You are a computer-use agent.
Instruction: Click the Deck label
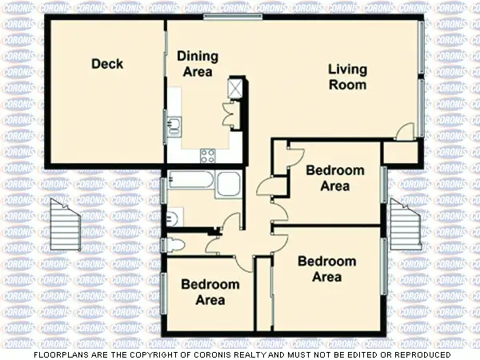(x=107, y=64)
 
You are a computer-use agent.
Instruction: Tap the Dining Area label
(x=196, y=64)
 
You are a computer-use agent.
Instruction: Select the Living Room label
(x=348, y=78)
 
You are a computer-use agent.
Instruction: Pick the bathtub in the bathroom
(x=190, y=182)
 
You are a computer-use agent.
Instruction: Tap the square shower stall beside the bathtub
(x=229, y=184)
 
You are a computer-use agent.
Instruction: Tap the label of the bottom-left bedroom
(x=210, y=292)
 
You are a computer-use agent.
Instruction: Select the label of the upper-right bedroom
(x=335, y=178)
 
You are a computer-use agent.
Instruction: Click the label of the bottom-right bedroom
(x=326, y=270)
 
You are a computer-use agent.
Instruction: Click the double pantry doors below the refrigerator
(x=231, y=116)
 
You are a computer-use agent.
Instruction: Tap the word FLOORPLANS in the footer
(x=61, y=354)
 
